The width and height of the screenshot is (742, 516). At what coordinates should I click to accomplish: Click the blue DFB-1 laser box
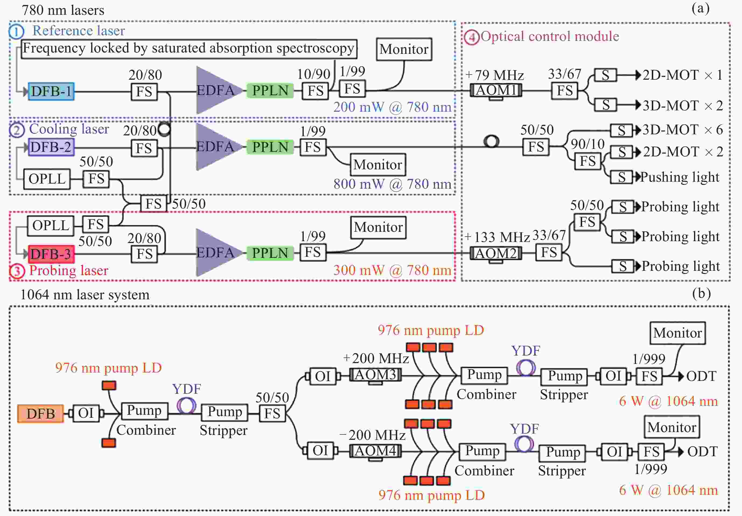[x=51, y=91]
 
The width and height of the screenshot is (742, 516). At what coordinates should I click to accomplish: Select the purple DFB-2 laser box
[x=51, y=147]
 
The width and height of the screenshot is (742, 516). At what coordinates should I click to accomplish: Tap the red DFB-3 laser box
[x=51, y=254]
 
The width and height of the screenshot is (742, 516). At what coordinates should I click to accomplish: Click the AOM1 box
[x=496, y=90]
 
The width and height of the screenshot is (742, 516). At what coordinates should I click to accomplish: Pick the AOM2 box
[x=496, y=253]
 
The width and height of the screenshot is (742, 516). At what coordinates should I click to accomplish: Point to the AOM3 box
[x=375, y=375]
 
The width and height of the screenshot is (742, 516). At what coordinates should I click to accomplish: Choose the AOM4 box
[x=375, y=451]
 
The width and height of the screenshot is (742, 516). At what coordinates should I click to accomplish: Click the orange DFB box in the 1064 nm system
[x=40, y=413]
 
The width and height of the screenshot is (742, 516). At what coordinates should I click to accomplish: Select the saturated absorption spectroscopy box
[x=189, y=49]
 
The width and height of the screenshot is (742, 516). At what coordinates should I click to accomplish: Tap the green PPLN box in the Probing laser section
[x=270, y=253]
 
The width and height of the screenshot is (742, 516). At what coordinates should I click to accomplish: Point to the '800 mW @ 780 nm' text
[x=392, y=184]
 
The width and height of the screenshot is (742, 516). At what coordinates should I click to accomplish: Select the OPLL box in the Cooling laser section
[x=47, y=179]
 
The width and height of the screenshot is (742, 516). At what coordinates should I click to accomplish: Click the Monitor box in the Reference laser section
[x=404, y=49]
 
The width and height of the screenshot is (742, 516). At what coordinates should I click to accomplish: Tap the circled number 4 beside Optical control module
[x=472, y=37]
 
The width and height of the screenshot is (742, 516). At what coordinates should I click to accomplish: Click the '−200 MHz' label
[x=372, y=435]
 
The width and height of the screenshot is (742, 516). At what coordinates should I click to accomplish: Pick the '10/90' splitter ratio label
[x=313, y=74]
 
